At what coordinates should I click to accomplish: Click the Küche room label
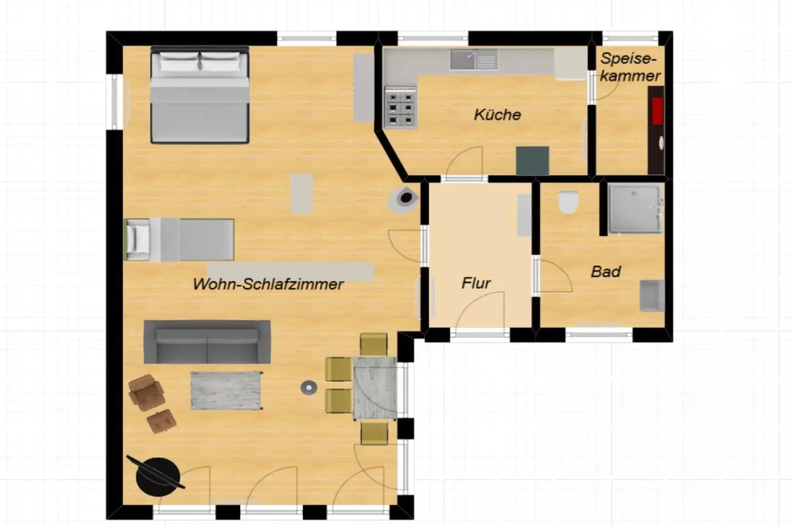497,114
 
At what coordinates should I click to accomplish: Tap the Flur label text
476,283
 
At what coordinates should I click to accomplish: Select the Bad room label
606,271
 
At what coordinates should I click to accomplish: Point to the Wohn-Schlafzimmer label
268,284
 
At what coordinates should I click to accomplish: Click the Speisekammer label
630,67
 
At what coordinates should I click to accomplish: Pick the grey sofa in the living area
207,342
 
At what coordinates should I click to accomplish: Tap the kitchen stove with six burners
400,107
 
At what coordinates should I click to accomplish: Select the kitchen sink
474,60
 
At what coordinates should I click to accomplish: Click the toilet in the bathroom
568,201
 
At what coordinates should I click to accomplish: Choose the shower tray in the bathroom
635,208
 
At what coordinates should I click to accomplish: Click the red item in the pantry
657,111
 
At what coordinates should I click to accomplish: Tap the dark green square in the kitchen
532,160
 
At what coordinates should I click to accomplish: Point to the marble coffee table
226,390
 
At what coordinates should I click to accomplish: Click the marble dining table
375,388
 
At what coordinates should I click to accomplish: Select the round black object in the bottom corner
158,476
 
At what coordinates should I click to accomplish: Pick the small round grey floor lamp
309,388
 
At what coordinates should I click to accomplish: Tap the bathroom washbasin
651,296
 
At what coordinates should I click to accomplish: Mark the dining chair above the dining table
373,344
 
